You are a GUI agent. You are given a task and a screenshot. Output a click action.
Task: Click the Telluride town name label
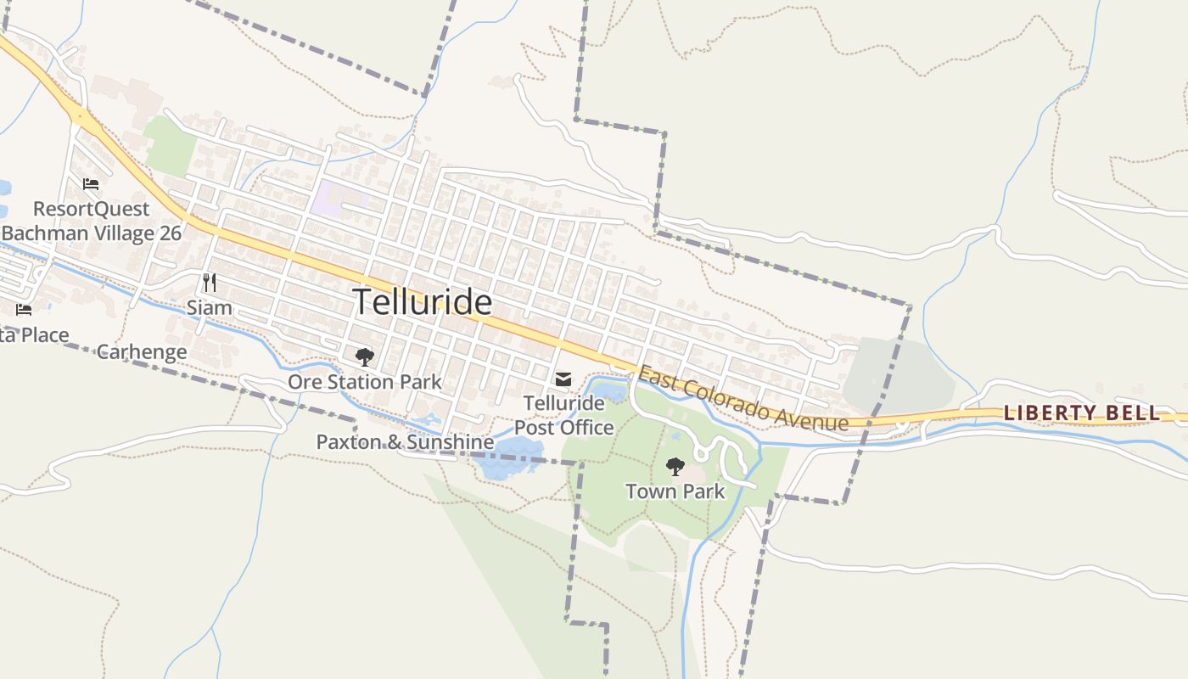[x=422, y=302]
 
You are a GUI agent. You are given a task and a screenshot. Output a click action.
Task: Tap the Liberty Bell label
[x=1082, y=413]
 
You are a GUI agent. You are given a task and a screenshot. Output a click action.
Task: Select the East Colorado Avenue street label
[x=742, y=398]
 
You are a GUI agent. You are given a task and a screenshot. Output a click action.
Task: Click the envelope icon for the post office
[x=563, y=379]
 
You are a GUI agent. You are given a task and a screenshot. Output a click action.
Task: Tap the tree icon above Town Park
[x=675, y=466]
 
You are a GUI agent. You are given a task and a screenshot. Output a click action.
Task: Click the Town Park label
[x=675, y=491]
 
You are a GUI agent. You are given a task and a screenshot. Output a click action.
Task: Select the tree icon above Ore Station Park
[x=365, y=357]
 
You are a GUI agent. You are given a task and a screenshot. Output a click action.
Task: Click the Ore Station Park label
[x=365, y=382]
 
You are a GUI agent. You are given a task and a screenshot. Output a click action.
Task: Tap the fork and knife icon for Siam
[x=210, y=283]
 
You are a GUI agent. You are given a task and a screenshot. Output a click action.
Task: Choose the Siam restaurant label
[x=210, y=307]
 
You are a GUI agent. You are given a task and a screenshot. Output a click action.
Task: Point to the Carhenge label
[x=142, y=351]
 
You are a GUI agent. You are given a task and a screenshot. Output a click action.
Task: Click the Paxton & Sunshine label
[x=405, y=442]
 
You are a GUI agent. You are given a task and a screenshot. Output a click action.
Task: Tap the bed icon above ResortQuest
[x=91, y=184]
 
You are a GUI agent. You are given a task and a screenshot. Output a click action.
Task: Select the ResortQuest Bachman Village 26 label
[x=91, y=221]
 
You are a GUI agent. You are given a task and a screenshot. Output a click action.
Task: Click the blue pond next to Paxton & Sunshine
[x=509, y=458]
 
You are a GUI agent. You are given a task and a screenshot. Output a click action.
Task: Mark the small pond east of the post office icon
[x=609, y=392]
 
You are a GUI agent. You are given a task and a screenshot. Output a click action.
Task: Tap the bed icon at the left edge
[x=24, y=310]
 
